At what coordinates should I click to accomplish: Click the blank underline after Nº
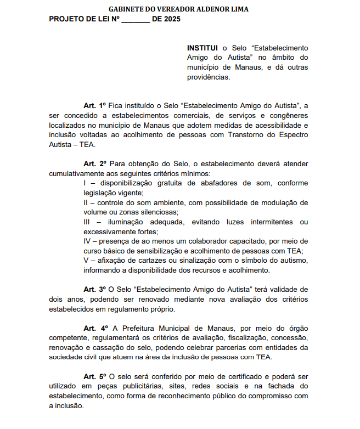point(135,20)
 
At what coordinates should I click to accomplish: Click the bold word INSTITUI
point(203,48)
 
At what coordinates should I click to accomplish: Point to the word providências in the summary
point(209,77)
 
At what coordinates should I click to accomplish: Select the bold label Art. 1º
point(94,105)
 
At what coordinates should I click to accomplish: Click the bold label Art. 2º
point(94,163)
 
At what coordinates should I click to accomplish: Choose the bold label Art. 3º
point(94,289)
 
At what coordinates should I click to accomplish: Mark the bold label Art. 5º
point(94,377)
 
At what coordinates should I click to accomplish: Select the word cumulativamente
point(75,173)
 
